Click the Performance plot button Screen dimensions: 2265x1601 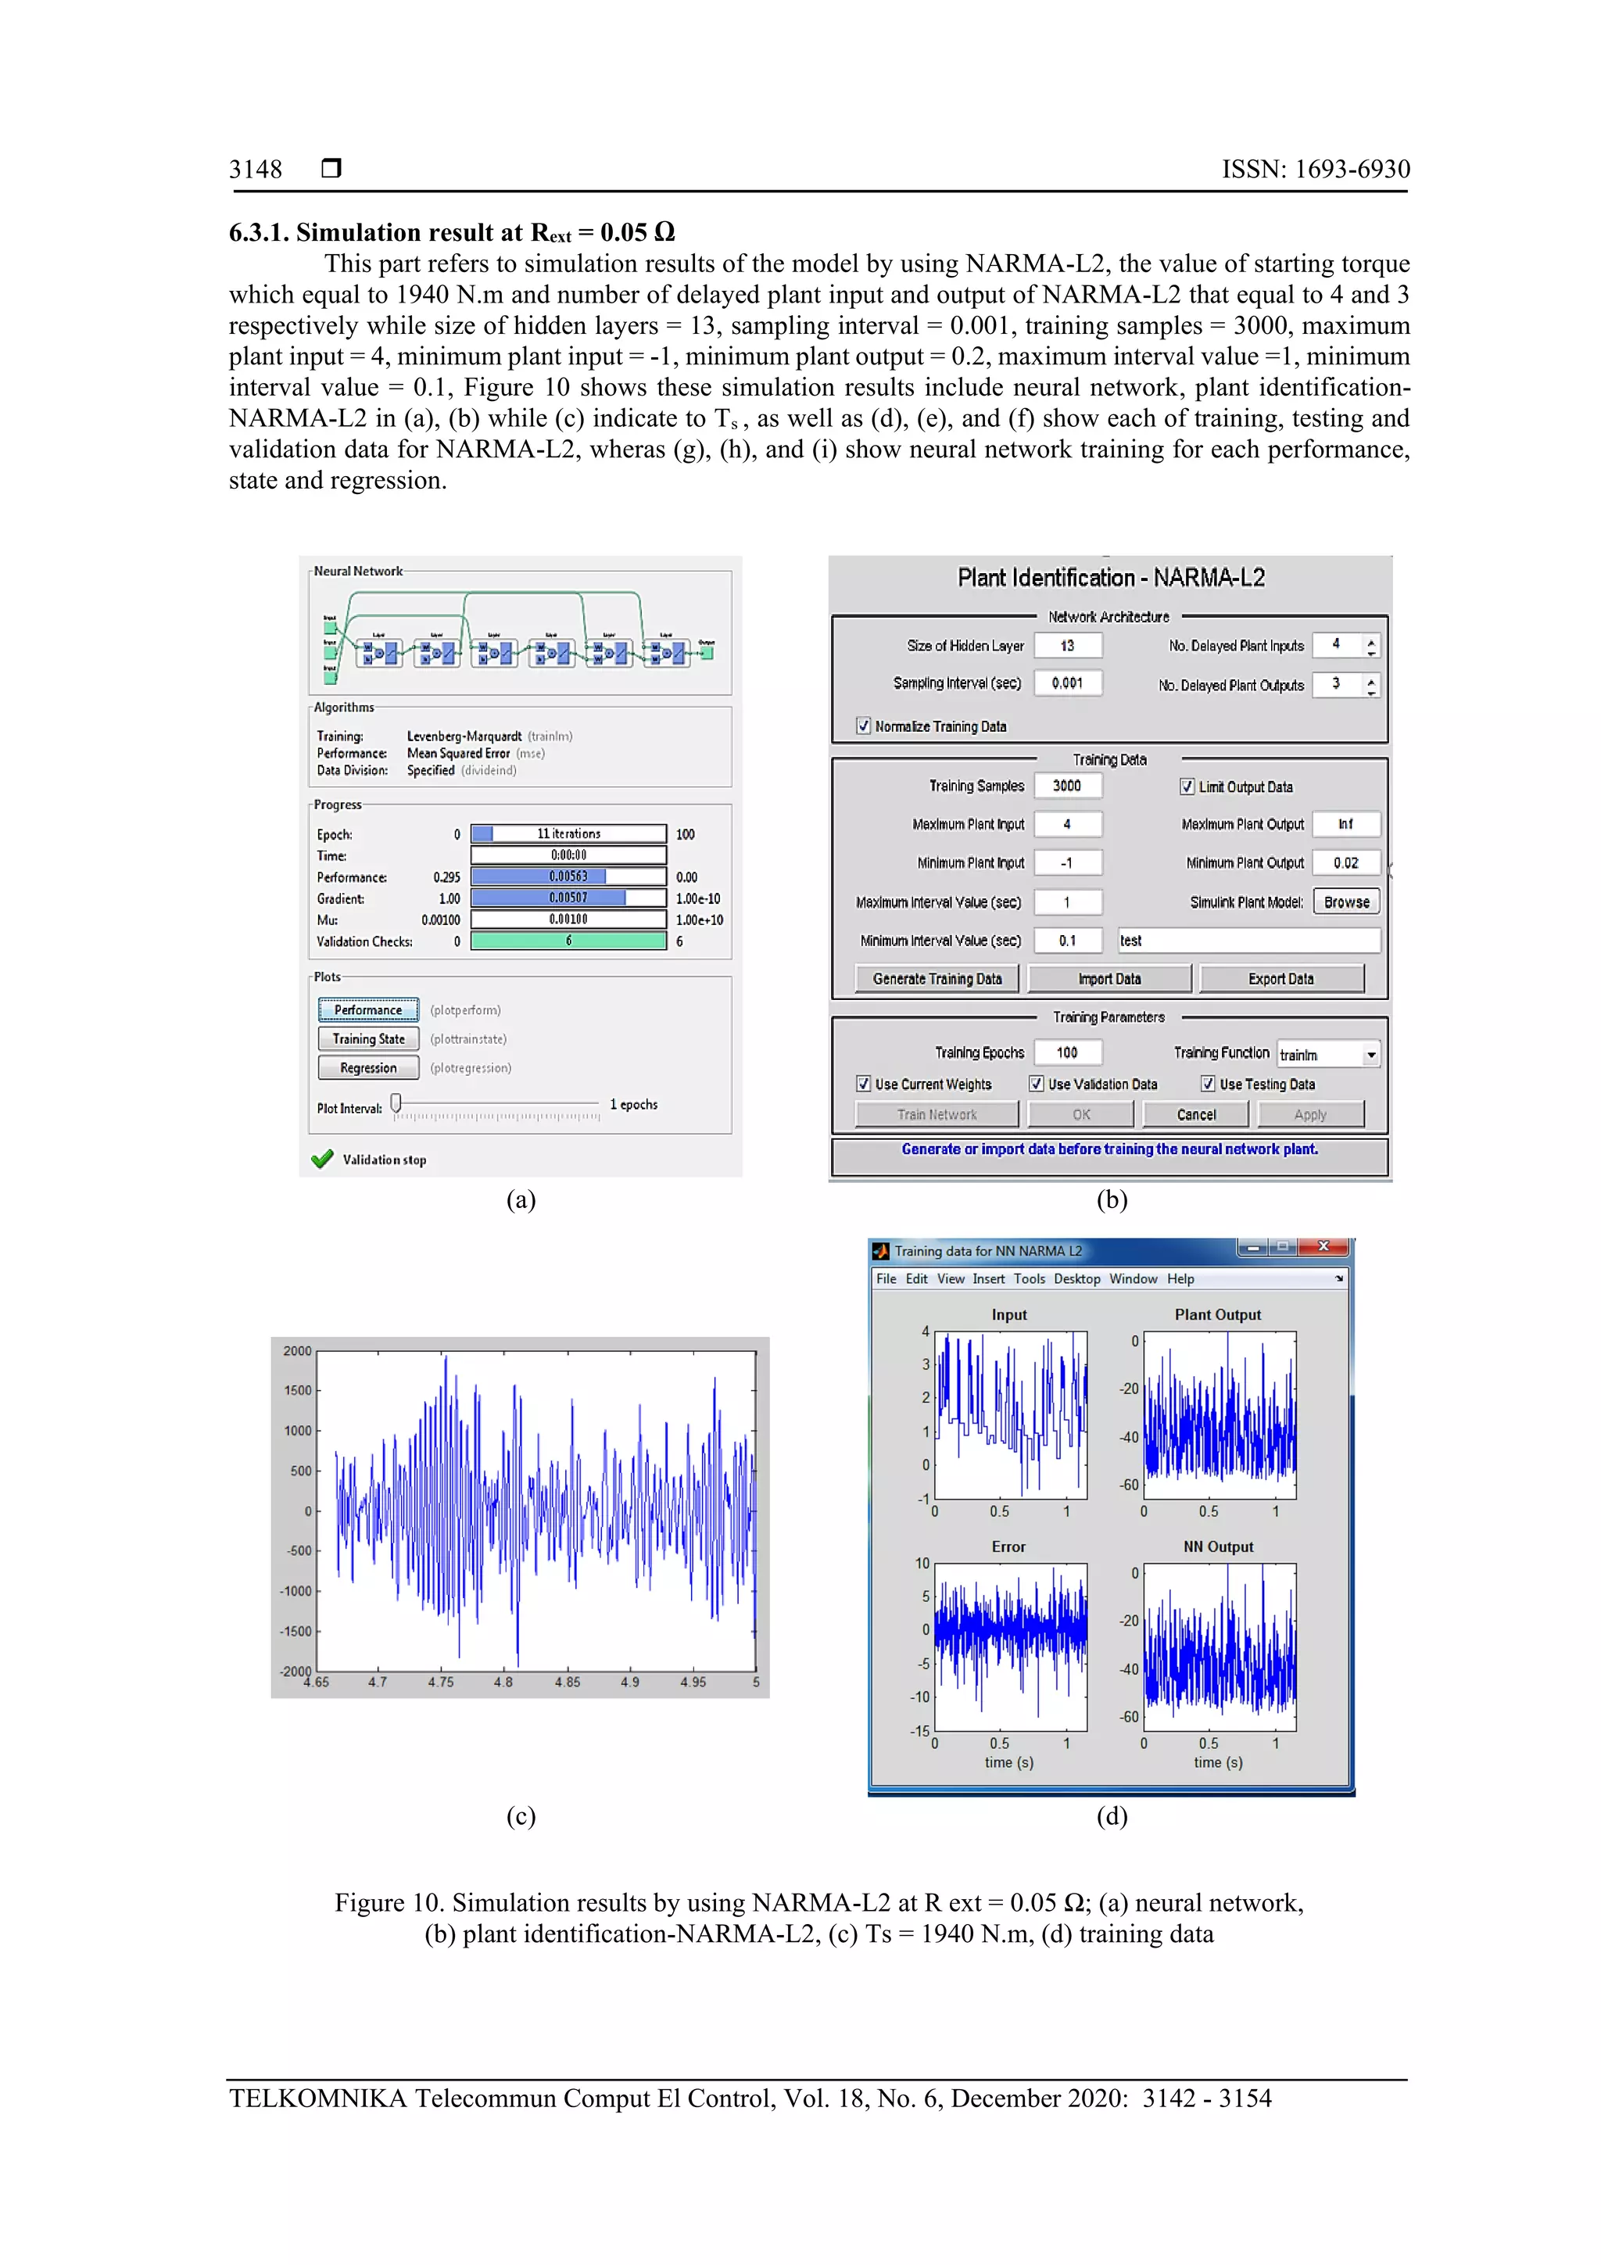(368, 1009)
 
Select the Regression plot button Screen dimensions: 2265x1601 (368, 1067)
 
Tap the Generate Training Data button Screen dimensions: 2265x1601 (937, 979)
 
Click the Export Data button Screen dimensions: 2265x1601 (1280, 979)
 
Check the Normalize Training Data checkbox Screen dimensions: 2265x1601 (864, 726)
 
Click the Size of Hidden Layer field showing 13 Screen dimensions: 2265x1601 (1067, 646)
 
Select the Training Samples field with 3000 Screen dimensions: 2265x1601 (1067, 787)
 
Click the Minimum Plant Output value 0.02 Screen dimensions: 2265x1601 (1345, 863)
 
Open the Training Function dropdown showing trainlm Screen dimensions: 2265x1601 (1371, 1055)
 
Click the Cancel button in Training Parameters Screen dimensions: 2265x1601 (1195, 1115)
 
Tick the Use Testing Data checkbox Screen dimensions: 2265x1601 (1208, 1084)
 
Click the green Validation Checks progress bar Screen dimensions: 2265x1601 (568, 941)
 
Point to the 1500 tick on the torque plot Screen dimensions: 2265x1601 (297, 1390)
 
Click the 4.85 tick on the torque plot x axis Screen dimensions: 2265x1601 (568, 1682)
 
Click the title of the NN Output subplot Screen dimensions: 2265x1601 (1218, 1546)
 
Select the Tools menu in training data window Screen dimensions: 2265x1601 (1029, 1278)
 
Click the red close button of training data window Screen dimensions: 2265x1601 (1323, 1247)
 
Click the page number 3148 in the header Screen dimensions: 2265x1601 (256, 170)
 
